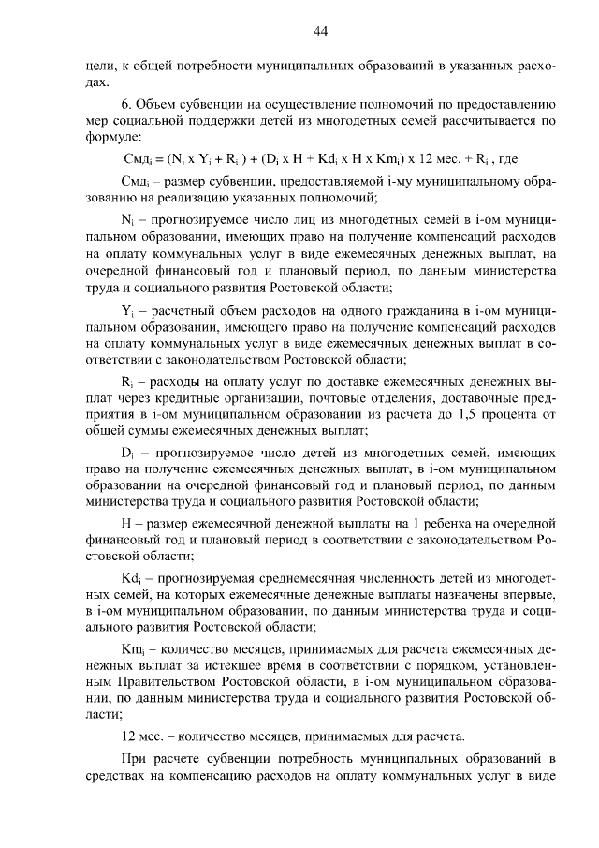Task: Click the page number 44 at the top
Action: (319, 31)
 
